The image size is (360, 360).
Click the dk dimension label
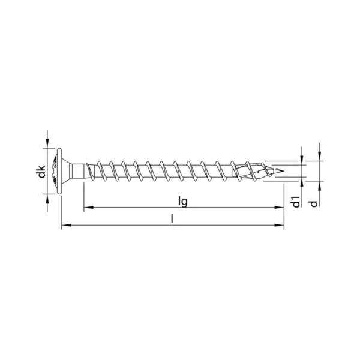(x=42, y=171)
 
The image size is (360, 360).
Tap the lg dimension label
(x=183, y=202)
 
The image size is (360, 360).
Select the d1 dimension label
(x=296, y=202)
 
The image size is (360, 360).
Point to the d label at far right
(x=314, y=203)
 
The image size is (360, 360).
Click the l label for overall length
(x=172, y=218)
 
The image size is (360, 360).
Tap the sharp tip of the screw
(x=284, y=171)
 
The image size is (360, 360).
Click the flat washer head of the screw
(x=59, y=171)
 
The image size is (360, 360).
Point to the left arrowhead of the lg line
(x=88, y=208)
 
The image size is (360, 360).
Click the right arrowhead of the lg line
(x=280, y=208)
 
